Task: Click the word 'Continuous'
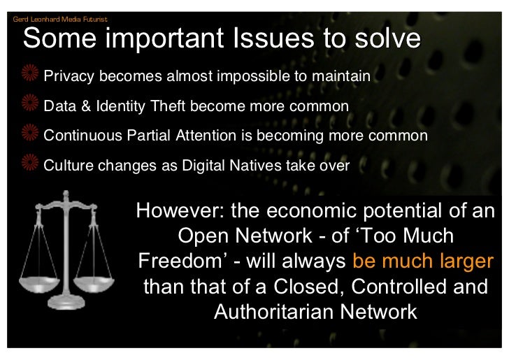click(x=83, y=136)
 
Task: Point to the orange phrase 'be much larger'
click(x=423, y=261)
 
